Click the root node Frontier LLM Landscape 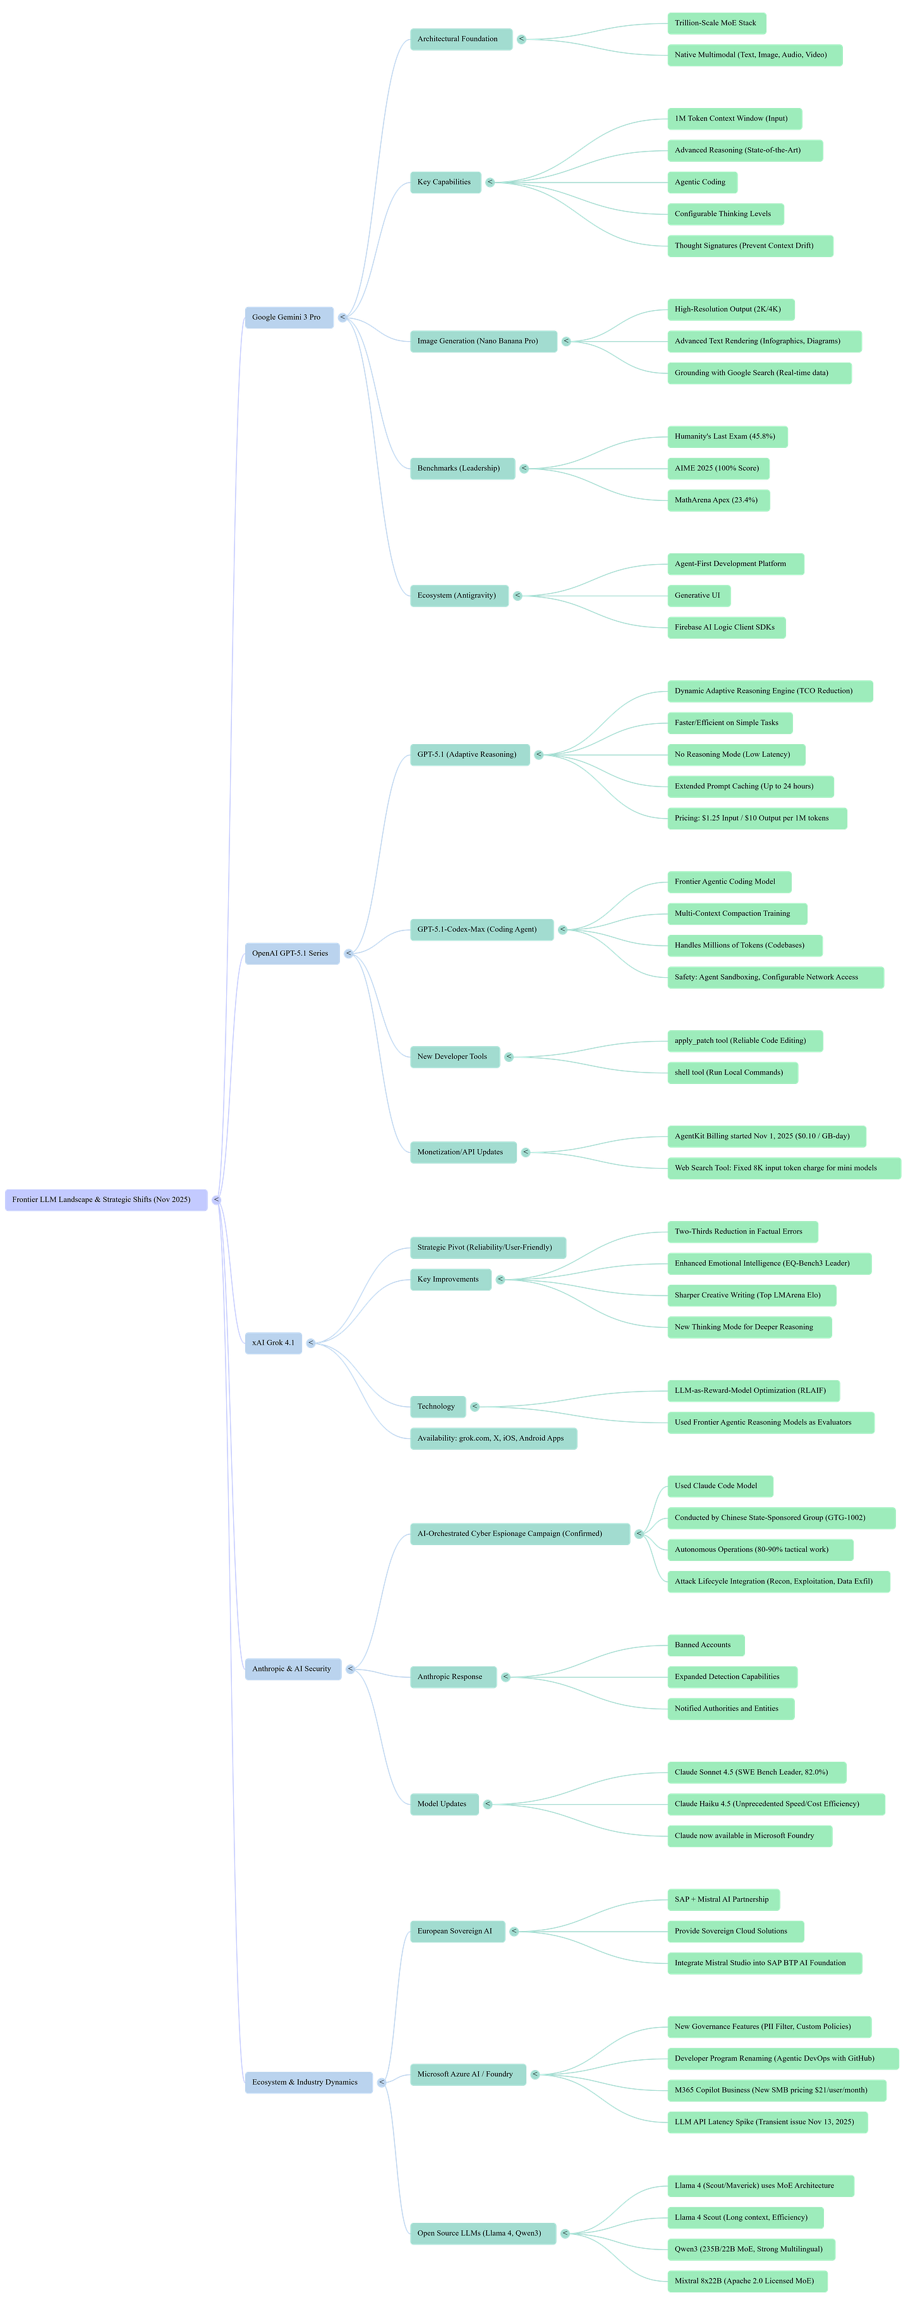pyautogui.click(x=106, y=1200)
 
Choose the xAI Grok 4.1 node pyautogui.click(x=273, y=1343)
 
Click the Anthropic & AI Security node pyautogui.click(x=293, y=1669)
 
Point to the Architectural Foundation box pyautogui.click(x=460, y=39)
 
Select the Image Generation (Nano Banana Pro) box pyautogui.click(x=483, y=342)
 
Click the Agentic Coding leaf pyautogui.click(x=701, y=183)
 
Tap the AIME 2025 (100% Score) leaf pyautogui.click(x=718, y=469)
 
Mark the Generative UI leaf pyautogui.click(x=698, y=596)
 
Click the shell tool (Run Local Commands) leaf pyautogui.click(x=731, y=1073)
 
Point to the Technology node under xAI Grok pyautogui.click(x=437, y=1407)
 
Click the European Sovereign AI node pyautogui.click(x=456, y=1931)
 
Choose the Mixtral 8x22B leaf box pyautogui.click(x=746, y=2281)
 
